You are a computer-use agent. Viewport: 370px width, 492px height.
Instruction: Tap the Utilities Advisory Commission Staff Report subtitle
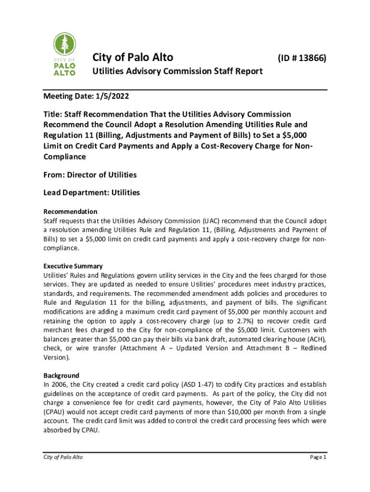pyautogui.click(x=177, y=71)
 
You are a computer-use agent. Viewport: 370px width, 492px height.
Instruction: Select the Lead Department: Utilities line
pyautogui.click(x=91, y=192)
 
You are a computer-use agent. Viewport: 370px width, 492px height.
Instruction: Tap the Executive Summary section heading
pyautogui.click(x=73, y=266)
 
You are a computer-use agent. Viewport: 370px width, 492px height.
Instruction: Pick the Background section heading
pyautogui.click(x=61, y=375)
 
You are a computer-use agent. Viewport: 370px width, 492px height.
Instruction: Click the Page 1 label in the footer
pyautogui.click(x=318, y=457)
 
